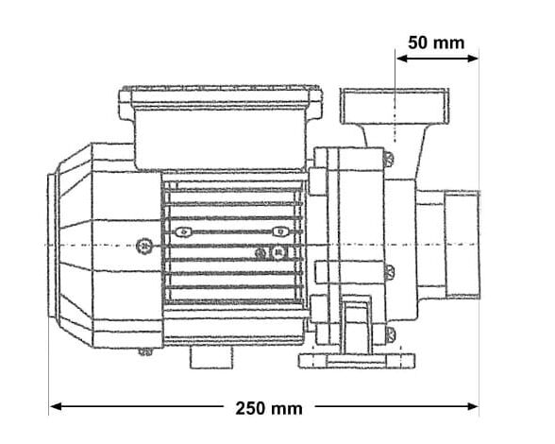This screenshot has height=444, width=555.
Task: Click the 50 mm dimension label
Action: (x=436, y=43)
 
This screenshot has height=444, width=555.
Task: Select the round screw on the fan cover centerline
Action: (x=144, y=246)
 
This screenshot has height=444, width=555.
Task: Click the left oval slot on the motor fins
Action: (x=185, y=231)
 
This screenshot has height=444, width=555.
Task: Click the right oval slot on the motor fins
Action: (x=277, y=231)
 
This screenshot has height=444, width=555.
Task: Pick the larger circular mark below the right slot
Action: (x=279, y=253)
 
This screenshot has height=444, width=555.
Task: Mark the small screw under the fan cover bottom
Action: (x=144, y=352)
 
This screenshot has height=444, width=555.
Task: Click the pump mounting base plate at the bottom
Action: (x=354, y=360)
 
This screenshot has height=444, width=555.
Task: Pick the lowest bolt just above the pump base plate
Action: (x=388, y=332)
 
